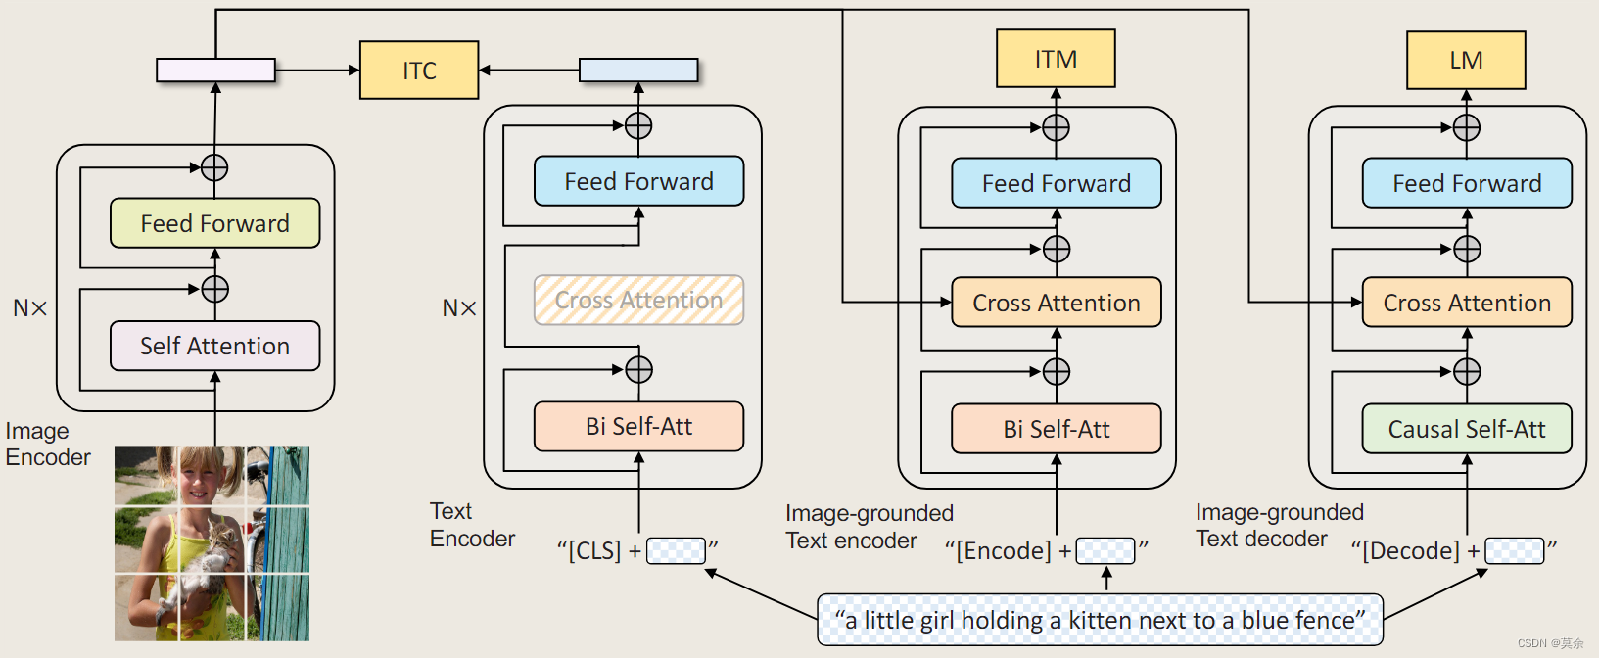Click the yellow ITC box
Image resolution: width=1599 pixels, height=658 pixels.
419,70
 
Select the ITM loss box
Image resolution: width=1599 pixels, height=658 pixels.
1056,59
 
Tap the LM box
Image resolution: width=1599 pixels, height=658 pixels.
1466,61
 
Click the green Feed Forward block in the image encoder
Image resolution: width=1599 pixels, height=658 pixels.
214,223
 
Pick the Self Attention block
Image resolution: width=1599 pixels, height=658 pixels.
214,346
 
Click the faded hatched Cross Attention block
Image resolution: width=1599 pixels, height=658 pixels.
638,301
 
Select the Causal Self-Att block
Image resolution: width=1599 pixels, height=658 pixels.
1466,429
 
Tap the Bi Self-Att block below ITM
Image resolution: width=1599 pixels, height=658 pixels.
1056,429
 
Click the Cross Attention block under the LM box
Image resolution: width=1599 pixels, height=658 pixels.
1466,303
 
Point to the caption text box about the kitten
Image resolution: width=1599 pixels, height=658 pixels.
1100,620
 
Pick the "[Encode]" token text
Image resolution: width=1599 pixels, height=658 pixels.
998,550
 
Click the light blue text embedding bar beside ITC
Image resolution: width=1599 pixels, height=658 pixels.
638,70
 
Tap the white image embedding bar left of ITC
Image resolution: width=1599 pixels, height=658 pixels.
215,70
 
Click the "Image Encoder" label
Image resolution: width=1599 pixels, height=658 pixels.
47,444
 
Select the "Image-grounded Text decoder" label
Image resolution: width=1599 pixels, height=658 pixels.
1279,525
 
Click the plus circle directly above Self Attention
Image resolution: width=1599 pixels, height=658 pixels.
214,290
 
